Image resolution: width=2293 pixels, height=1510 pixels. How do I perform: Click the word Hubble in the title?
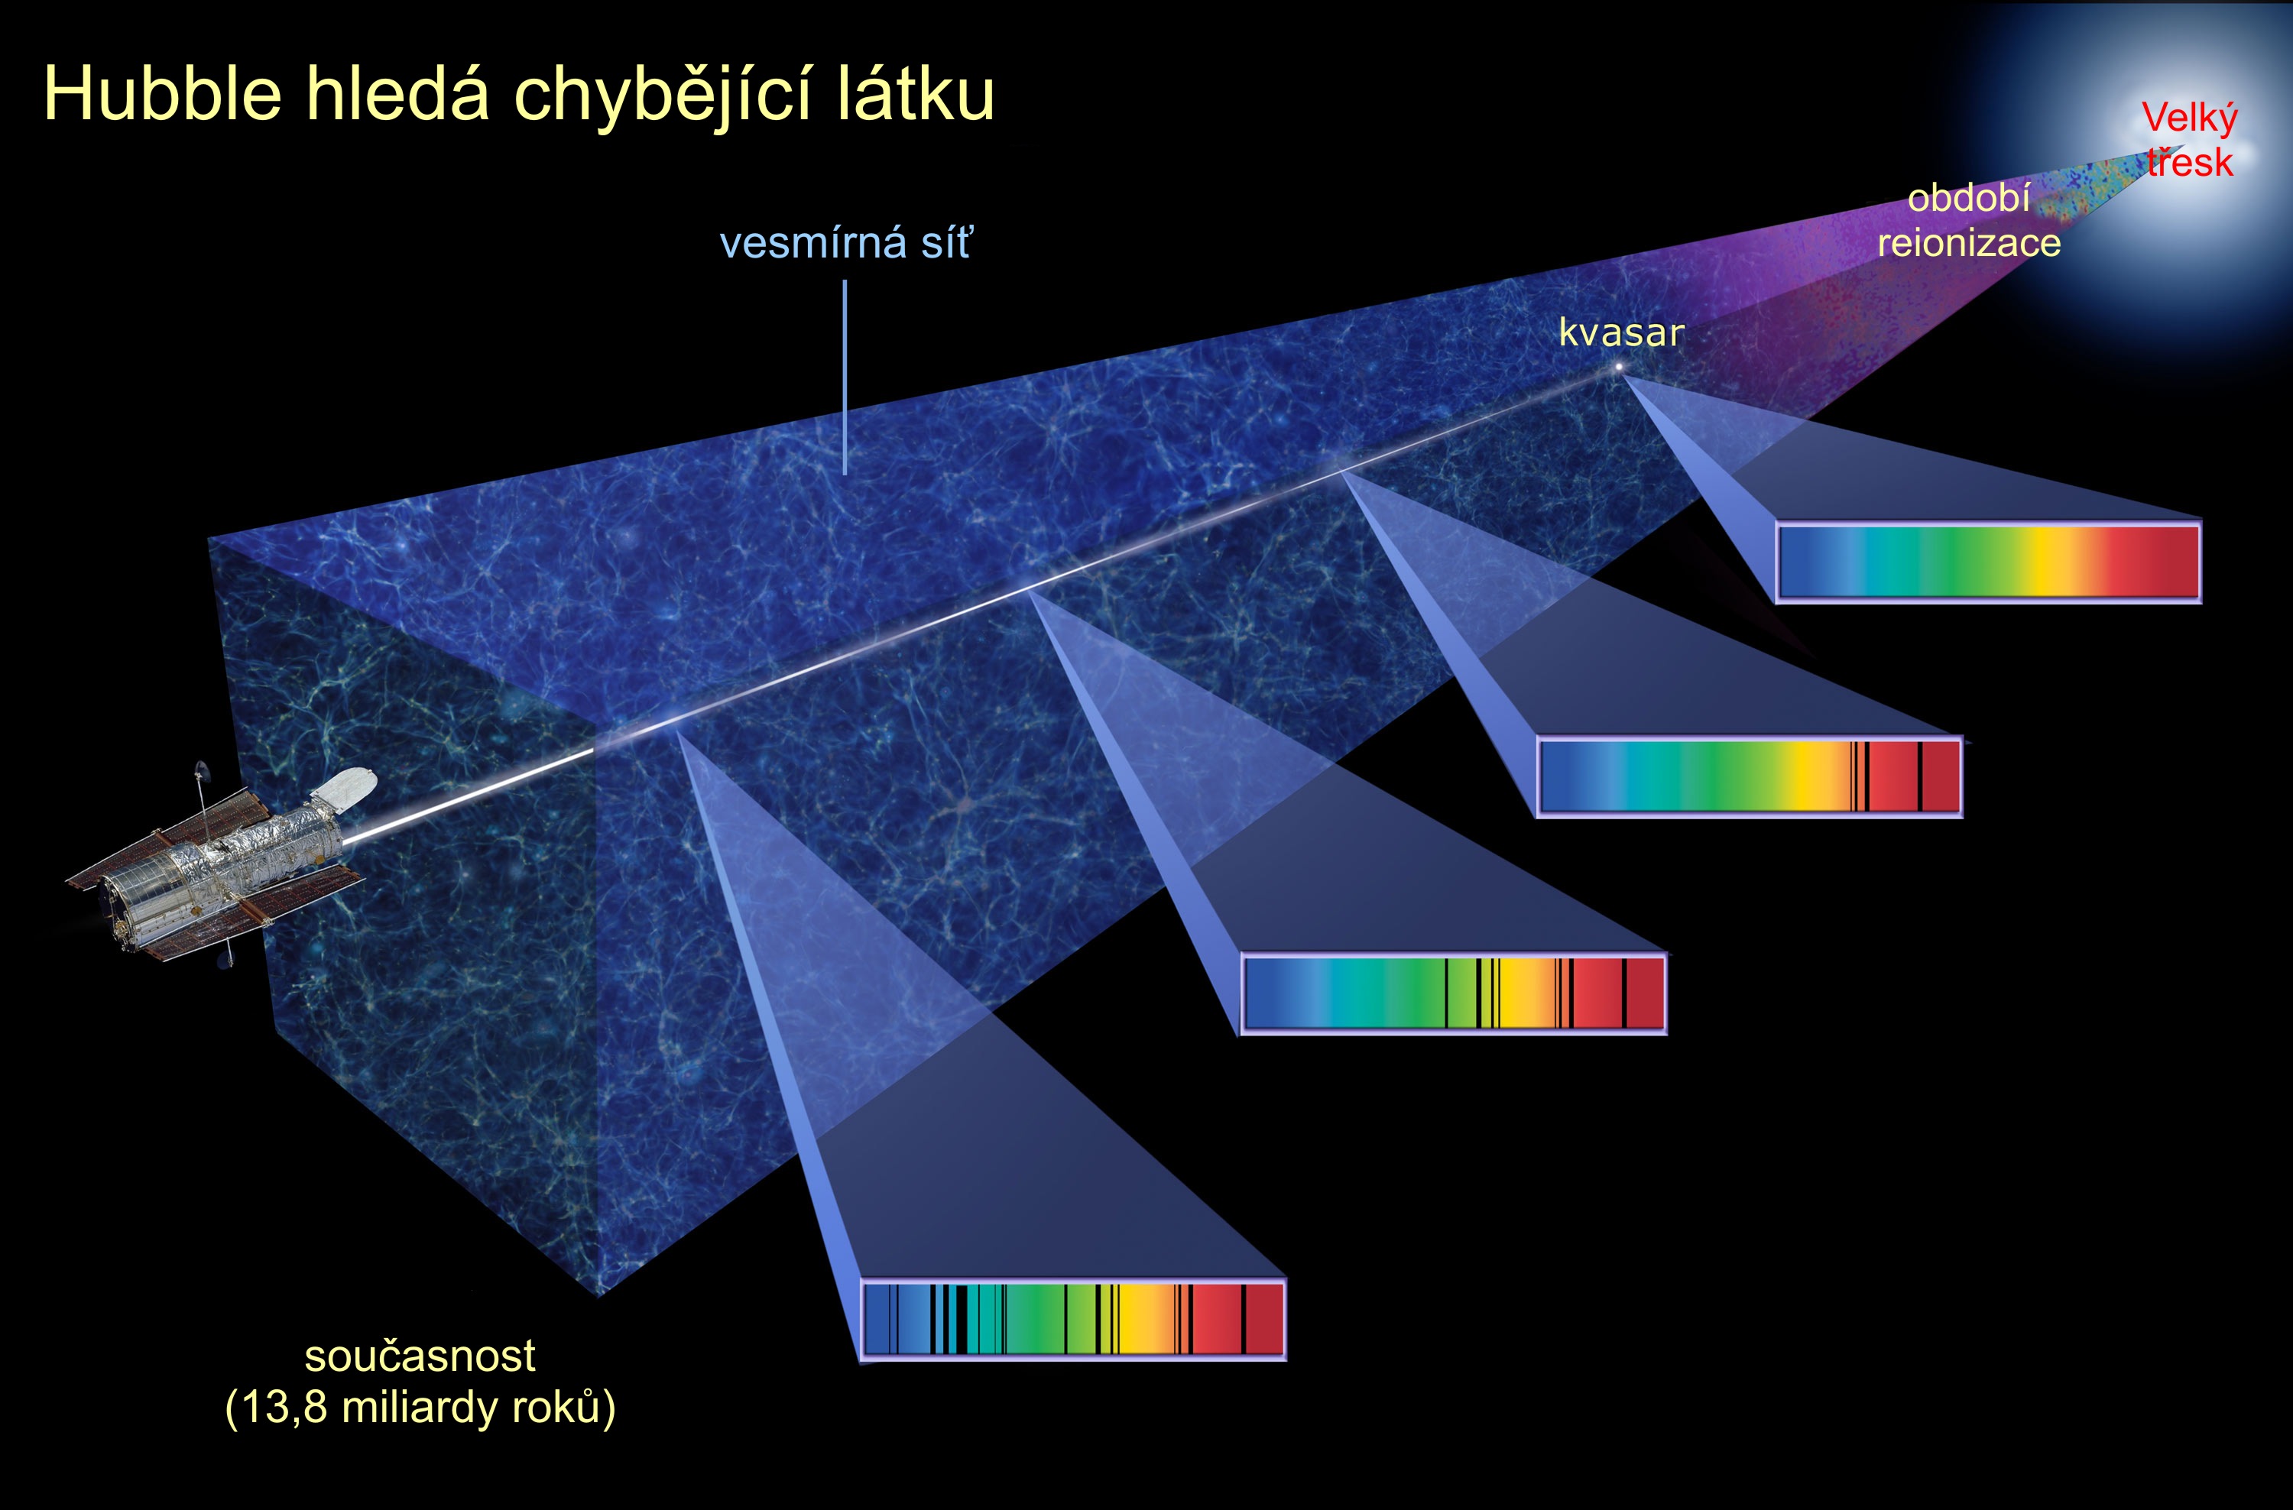click(163, 95)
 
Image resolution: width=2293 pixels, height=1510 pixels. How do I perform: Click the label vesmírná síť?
click(846, 243)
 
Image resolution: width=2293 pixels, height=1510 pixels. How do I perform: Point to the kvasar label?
click(1621, 332)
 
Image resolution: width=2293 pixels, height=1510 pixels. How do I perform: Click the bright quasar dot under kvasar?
click(1619, 367)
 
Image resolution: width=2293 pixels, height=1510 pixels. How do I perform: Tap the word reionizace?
click(1969, 243)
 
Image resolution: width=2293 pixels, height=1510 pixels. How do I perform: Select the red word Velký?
click(2190, 119)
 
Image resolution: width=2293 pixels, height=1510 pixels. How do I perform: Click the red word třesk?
click(2190, 162)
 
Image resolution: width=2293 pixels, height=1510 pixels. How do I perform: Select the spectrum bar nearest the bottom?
click(1072, 1319)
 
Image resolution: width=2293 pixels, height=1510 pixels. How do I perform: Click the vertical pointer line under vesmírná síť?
click(845, 377)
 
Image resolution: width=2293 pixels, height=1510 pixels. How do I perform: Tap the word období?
click(1968, 199)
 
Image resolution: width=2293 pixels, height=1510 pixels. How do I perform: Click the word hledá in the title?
click(397, 95)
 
